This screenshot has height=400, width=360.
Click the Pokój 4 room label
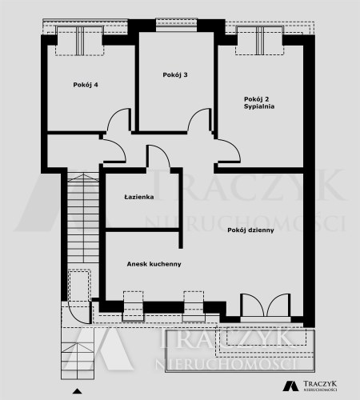point(86,85)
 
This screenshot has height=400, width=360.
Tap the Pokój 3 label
point(175,75)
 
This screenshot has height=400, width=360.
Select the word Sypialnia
point(259,106)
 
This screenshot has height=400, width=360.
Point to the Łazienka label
point(139,197)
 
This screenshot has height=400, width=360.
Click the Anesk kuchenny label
point(154,264)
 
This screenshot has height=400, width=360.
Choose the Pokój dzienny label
point(250,230)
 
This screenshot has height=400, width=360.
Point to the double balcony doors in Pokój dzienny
point(266,305)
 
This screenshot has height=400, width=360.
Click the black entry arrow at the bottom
point(78,391)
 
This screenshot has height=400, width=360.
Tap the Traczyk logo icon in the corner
point(290,386)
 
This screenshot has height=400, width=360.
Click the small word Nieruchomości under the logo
point(320,390)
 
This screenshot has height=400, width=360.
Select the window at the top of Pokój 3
point(177,25)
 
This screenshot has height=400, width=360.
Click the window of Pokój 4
point(80,40)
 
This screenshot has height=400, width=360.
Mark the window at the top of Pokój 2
point(259,40)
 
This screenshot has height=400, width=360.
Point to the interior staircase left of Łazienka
point(83,218)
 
